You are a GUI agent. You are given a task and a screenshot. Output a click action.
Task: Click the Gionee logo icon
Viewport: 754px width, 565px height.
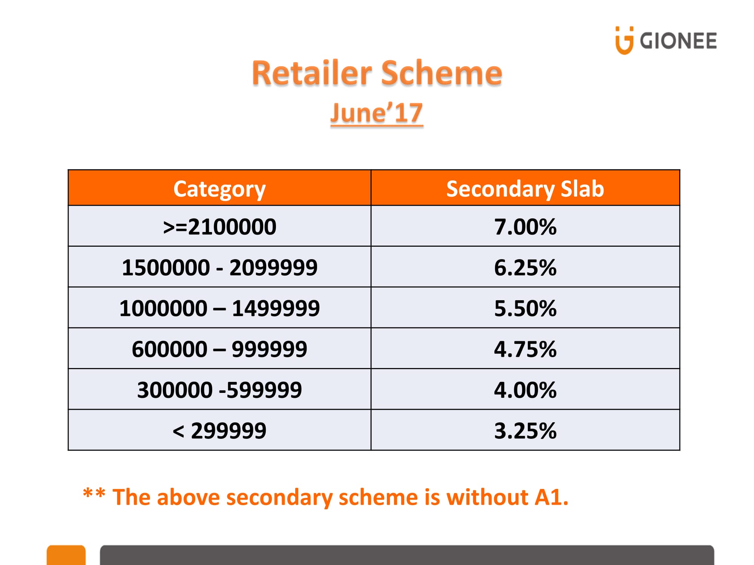(x=624, y=41)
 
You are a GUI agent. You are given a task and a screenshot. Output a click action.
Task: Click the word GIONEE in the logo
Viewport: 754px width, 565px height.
(x=678, y=41)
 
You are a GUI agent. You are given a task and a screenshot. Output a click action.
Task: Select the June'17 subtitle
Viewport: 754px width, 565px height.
(x=377, y=113)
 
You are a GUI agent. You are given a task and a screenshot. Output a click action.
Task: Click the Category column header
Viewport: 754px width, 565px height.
(x=219, y=189)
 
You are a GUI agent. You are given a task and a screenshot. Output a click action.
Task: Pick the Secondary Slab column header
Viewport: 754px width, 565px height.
(x=525, y=189)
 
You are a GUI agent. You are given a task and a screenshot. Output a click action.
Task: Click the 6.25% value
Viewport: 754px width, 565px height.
(x=525, y=267)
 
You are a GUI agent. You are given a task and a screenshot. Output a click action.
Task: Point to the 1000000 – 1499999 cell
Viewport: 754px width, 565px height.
(x=220, y=308)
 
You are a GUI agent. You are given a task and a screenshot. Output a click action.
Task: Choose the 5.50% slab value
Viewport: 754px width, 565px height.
(x=525, y=308)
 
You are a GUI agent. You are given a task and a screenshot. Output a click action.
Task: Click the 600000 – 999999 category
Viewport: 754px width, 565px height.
(x=220, y=349)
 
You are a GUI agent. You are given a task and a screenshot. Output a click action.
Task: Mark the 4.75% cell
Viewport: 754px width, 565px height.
(x=525, y=349)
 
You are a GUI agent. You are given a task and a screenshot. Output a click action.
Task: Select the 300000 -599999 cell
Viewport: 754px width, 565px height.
(x=220, y=389)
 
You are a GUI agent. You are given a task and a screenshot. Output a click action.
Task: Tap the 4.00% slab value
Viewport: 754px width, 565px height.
(x=525, y=389)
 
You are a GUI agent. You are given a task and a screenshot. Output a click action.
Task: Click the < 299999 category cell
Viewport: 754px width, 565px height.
(x=220, y=430)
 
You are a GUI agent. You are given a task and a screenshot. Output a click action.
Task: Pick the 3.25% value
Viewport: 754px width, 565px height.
(x=525, y=430)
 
